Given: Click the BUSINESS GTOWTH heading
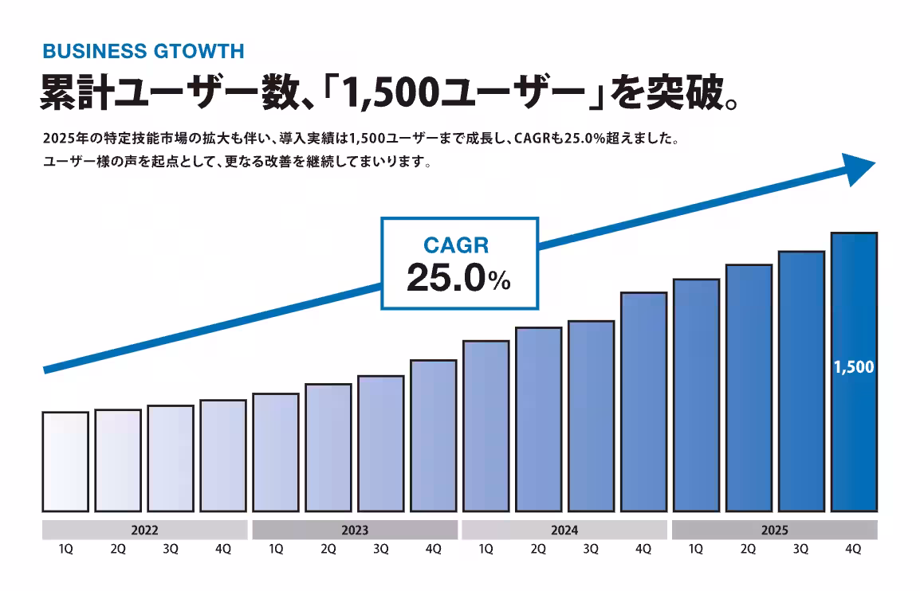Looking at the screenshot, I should (143, 52).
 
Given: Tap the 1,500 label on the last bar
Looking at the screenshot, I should (854, 367).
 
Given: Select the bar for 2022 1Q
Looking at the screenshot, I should (65, 461).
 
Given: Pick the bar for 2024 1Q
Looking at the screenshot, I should (486, 425).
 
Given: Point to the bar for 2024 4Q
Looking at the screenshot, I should (643, 401).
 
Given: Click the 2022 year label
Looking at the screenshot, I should (144, 530).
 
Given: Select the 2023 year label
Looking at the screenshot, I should (354, 530).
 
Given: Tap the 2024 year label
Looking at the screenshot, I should (564, 530).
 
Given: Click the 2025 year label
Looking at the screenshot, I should (774, 530).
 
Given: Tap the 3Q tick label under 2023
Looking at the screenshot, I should (381, 550).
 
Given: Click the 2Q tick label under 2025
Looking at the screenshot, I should (748, 550).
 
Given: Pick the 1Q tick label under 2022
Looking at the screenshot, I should (66, 550).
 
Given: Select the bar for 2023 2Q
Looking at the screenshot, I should (328, 447).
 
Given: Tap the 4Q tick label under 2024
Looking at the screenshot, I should (643, 550).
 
